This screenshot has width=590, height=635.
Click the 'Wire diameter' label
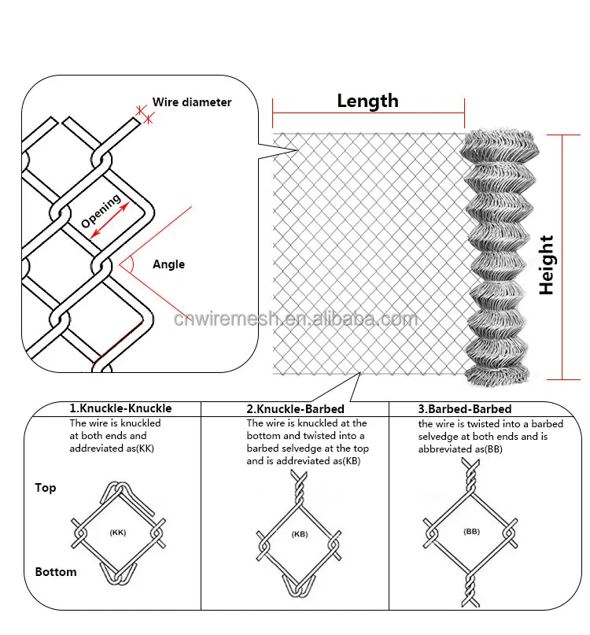click(192, 102)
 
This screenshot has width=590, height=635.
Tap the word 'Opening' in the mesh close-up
click(101, 210)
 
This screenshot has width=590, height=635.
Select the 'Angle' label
click(168, 264)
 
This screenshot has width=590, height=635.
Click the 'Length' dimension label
click(367, 101)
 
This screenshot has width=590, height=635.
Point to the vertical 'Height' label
click(546, 265)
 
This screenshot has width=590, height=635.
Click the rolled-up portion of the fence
click(501, 256)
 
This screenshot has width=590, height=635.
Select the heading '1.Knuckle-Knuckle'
click(120, 408)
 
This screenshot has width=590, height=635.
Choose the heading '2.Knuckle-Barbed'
click(295, 409)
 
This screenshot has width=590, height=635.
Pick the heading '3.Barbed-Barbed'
click(465, 409)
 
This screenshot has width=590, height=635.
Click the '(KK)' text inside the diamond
click(117, 533)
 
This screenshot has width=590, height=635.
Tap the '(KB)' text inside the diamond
click(299, 534)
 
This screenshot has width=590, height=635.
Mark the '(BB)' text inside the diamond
click(471, 532)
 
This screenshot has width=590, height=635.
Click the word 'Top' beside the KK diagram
click(46, 488)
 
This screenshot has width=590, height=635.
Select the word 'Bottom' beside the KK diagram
click(56, 572)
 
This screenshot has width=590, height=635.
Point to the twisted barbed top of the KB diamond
click(299, 488)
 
